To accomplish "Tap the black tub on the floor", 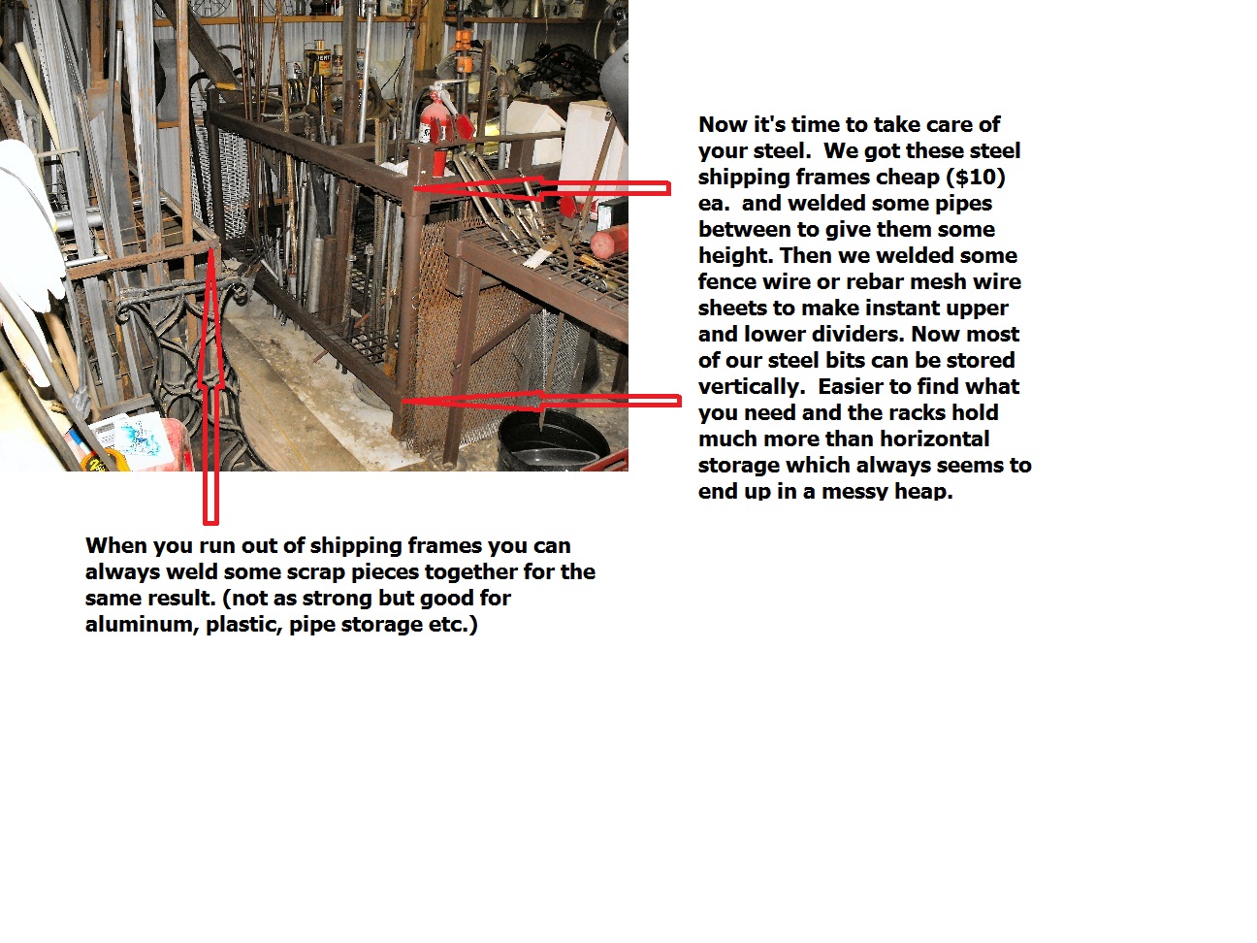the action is (x=553, y=439).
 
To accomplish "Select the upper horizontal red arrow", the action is (x=541, y=188).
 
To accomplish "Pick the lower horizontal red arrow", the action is (x=541, y=401).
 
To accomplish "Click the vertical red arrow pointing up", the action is (x=210, y=386).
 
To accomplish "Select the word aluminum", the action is (x=142, y=624).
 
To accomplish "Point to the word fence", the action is (x=727, y=281).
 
